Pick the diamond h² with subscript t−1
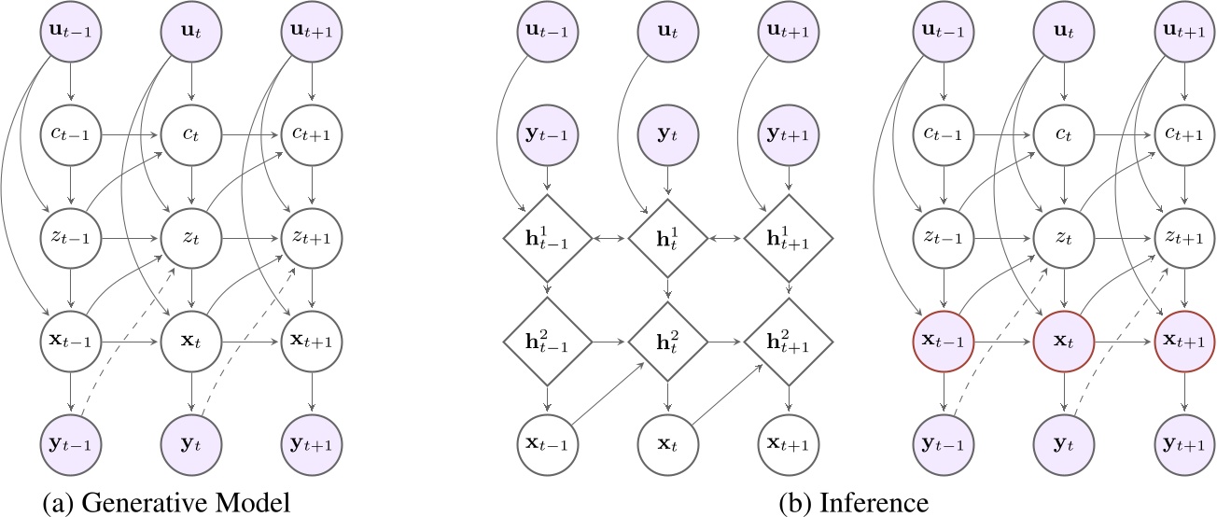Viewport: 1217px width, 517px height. (x=548, y=342)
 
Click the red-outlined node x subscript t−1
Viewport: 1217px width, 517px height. (x=946, y=342)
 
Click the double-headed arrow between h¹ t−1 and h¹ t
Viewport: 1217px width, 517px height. (x=608, y=240)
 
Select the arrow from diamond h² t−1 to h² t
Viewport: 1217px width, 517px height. (x=608, y=342)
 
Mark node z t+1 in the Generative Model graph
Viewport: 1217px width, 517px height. (x=311, y=240)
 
